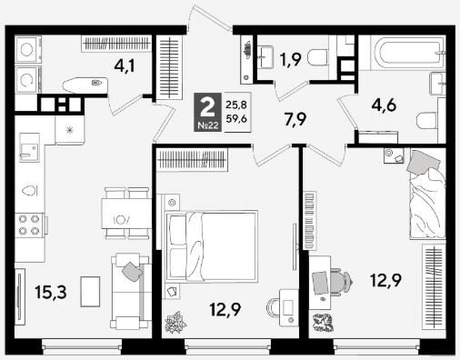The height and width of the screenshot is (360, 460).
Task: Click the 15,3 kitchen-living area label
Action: pyautogui.click(x=51, y=293)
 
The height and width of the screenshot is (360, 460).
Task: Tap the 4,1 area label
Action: pyautogui.click(x=125, y=65)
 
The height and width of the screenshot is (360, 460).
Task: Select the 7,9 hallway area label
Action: pyautogui.click(x=295, y=119)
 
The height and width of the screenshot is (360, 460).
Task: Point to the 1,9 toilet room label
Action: pyautogui.click(x=291, y=59)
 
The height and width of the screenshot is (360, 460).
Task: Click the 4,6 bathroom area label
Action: pyautogui.click(x=384, y=105)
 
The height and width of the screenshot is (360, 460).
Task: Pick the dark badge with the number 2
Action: pyautogui.click(x=208, y=112)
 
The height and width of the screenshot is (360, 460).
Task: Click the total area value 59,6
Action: pyautogui.click(x=236, y=118)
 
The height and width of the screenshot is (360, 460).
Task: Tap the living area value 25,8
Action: pyautogui.click(x=236, y=105)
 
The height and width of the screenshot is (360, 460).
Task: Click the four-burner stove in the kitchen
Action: pyautogui.click(x=29, y=225)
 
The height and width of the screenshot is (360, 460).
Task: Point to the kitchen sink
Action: pyautogui.click(x=29, y=147)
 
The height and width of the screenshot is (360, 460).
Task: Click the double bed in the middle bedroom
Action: pyautogui.click(x=211, y=246)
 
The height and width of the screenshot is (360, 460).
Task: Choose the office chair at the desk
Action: pyautogui.click(x=344, y=282)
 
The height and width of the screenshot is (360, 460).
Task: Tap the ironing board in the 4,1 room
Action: pyautogui.click(x=85, y=85)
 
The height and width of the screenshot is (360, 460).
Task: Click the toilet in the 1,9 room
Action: pyautogui.click(x=317, y=57)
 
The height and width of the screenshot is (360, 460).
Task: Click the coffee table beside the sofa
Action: pyautogui.click(x=90, y=292)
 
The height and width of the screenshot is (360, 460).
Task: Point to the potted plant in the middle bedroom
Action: pyautogui.click(x=175, y=323)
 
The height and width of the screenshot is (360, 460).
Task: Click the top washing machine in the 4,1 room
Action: pyautogui.click(x=28, y=50)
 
